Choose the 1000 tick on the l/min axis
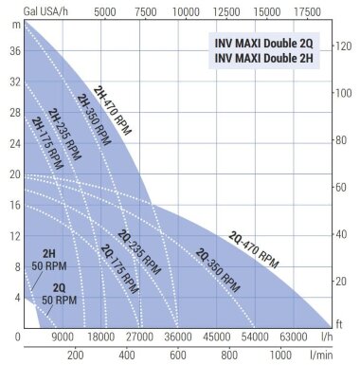(280, 356)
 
